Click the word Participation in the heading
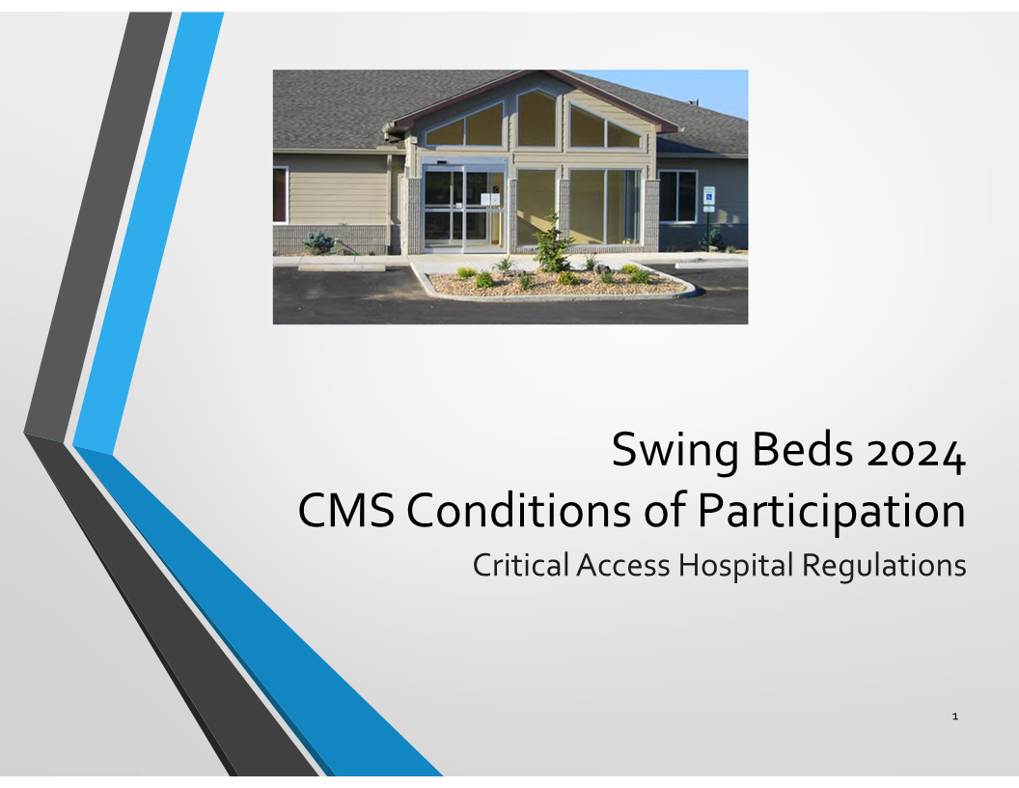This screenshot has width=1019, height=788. pos(831,513)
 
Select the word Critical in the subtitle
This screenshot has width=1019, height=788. pos(520,564)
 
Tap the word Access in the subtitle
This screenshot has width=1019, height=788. pos(622,565)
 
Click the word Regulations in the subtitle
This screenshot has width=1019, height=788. pos(884,566)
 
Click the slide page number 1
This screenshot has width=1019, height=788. pos(954,717)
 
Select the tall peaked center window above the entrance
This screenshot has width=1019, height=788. pos(537,119)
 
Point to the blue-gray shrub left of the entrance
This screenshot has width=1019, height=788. pos(317,242)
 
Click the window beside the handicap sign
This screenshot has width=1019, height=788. pos(677,196)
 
